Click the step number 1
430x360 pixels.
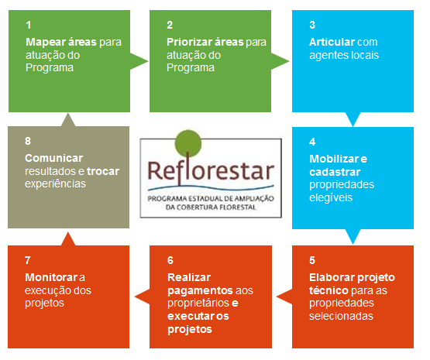pos(28,24)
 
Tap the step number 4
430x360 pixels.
pos(311,142)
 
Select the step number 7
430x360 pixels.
pos(28,260)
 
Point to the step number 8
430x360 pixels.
pos(28,142)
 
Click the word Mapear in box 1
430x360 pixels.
pos(45,42)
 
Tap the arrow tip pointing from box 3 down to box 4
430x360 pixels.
pos(353,125)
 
